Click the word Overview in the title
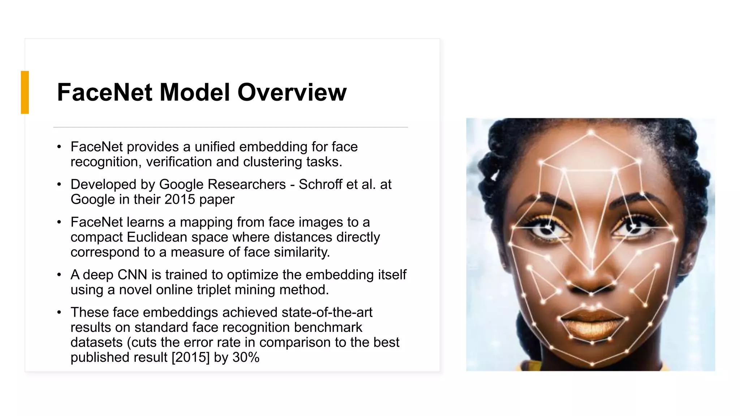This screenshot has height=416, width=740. pyautogui.click(x=292, y=92)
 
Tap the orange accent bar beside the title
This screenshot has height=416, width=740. pyautogui.click(x=25, y=92)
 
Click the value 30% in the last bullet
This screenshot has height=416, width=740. pyautogui.click(x=246, y=357)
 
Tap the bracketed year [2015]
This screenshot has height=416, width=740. pyautogui.click(x=190, y=357)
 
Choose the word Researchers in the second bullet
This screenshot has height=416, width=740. pyautogui.click(x=247, y=185)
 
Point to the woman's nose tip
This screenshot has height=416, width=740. pyautogui.click(x=591, y=285)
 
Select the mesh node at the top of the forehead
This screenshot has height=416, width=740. pyautogui.click(x=591, y=133)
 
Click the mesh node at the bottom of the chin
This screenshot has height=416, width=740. pyautogui.click(x=592, y=364)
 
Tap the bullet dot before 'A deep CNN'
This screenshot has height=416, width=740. pyautogui.click(x=59, y=275)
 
